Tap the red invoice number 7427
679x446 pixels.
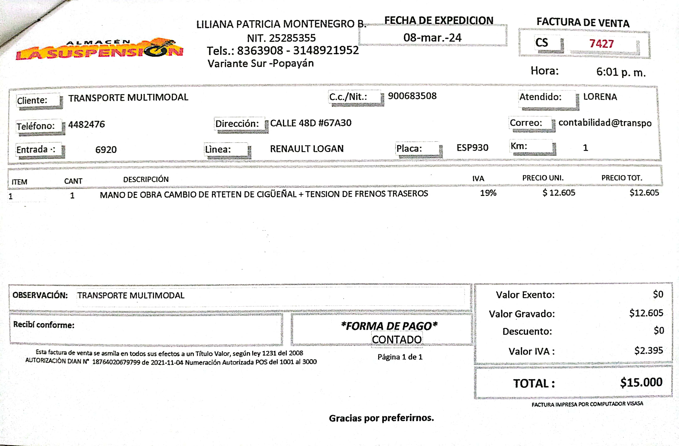(601, 44)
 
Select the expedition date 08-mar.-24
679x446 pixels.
(432, 38)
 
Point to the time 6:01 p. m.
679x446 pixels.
(621, 72)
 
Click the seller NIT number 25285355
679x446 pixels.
(292, 38)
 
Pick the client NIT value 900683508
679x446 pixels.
(412, 96)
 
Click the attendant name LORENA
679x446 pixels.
(600, 97)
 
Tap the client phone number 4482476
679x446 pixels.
(87, 124)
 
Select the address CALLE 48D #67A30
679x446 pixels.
(311, 123)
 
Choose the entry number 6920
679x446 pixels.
(106, 150)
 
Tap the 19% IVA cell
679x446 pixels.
(488, 193)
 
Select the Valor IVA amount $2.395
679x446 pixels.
(648, 350)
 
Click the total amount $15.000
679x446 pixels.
(641, 382)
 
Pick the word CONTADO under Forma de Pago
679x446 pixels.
(396, 339)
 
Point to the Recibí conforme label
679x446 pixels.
(44, 325)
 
